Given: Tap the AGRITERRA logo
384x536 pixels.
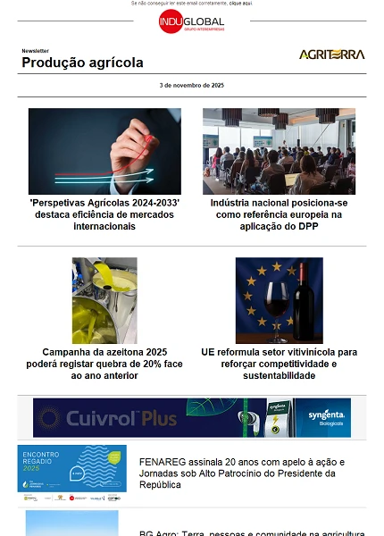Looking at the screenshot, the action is (331, 54).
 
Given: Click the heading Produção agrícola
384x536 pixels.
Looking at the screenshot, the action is (82, 63).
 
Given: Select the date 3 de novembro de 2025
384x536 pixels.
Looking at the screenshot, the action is (191, 85).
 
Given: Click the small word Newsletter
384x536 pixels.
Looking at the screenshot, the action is (36, 51).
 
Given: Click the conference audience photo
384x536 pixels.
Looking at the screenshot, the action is (279, 151).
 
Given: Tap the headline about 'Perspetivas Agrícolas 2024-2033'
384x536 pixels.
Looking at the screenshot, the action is (104, 214).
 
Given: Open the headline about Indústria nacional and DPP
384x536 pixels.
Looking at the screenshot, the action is (279, 214).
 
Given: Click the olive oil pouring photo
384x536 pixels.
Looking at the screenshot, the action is (104, 300).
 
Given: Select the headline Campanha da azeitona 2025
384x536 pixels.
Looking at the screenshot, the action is (104, 364).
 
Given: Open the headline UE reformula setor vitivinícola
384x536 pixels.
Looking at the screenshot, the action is (279, 364).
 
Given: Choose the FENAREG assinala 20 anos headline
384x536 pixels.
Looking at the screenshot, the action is (241, 473).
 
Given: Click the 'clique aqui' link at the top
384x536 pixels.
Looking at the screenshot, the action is (240, 4).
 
